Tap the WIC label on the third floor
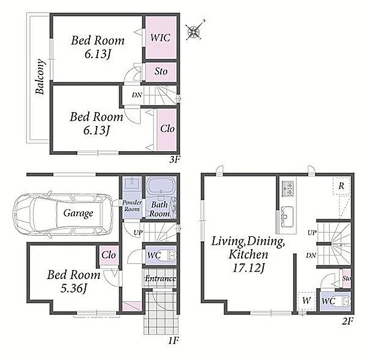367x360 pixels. (x=160, y=38)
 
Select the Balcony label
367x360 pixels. (x=40, y=77)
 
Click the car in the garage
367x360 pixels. (x=64, y=213)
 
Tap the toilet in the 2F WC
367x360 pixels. (x=344, y=301)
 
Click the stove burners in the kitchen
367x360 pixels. (x=288, y=188)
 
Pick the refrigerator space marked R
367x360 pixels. (x=341, y=186)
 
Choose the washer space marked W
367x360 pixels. (x=306, y=301)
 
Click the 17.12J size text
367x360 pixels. (x=248, y=268)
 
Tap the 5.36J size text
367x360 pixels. (x=74, y=289)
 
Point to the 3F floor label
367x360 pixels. (x=175, y=160)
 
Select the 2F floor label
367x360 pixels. (x=347, y=321)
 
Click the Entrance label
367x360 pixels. (x=160, y=279)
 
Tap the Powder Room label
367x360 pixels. (x=132, y=206)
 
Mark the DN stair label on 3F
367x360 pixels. (x=137, y=95)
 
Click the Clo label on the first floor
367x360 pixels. (x=109, y=255)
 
